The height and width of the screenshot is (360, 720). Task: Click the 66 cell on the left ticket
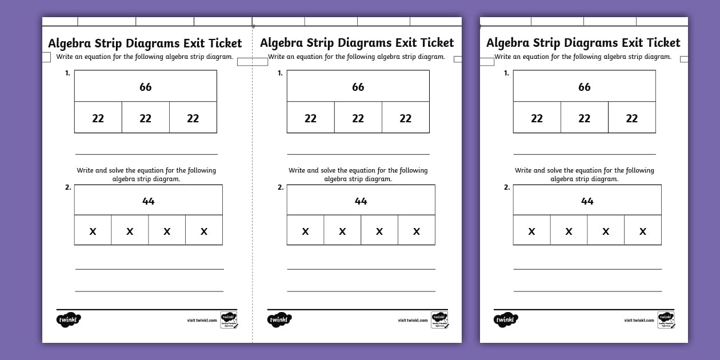[x=146, y=87]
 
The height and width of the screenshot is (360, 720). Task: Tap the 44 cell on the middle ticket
[x=361, y=201]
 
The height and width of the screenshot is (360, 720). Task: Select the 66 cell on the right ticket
[x=584, y=87]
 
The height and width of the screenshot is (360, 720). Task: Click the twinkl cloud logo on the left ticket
[x=69, y=320]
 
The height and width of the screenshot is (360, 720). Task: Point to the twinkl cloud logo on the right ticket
[x=505, y=320]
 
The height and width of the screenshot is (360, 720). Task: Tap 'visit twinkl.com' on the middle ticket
[x=413, y=321]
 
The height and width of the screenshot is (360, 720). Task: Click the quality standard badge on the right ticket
[x=666, y=319]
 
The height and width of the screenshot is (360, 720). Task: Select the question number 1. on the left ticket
[x=67, y=73]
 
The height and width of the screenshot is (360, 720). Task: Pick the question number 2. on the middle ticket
[x=281, y=187]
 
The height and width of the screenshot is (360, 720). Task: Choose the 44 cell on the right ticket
[x=587, y=201]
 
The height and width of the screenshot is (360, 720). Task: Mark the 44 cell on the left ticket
[x=148, y=201]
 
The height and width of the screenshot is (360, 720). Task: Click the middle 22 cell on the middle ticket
[x=358, y=118]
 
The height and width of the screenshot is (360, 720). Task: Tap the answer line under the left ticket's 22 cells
[x=146, y=154]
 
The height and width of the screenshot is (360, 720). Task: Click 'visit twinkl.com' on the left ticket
[x=202, y=321]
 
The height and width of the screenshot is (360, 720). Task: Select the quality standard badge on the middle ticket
[x=439, y=319]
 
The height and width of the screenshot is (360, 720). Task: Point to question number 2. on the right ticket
[x=507, y=187]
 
